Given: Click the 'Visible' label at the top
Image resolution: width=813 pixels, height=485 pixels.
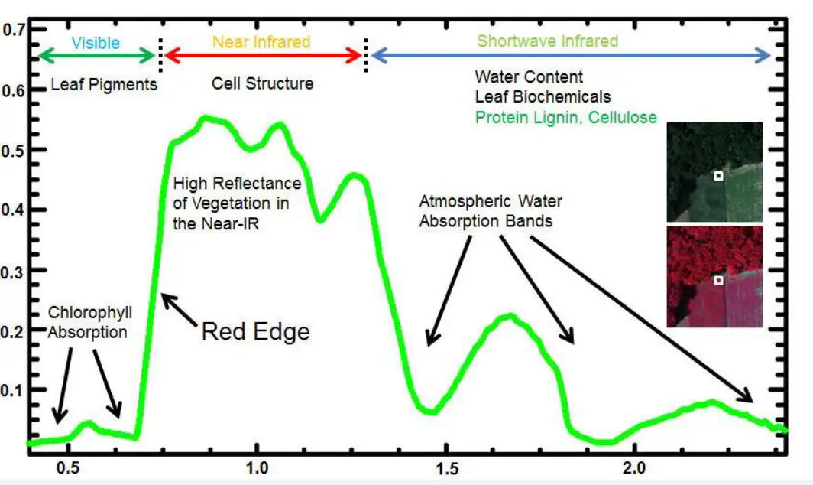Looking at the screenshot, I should click(96, 42).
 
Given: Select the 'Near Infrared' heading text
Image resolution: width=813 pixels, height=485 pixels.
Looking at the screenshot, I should click(261, 41).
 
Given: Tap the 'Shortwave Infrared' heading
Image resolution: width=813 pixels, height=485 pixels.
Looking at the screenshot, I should click(547, 41).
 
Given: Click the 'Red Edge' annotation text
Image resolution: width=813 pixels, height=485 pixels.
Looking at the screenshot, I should click(255, 331).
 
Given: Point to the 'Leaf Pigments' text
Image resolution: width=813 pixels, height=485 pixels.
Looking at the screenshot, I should click(104, 84).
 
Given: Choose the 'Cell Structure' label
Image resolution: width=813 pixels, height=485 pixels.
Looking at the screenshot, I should click(262, 83).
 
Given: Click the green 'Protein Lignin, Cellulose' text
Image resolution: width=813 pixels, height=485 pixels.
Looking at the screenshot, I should click(566, 118).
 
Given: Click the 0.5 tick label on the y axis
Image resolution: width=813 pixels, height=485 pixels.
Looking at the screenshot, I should click(14, 149).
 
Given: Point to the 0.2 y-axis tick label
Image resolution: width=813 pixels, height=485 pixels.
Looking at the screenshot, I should click(14, 330).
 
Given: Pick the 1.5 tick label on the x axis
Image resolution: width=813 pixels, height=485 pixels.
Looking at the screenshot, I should click(445, 467).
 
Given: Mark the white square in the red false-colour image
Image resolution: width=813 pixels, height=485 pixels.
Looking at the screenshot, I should click(718, 281).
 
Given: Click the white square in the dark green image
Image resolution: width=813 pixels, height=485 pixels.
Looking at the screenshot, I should click(718, 176).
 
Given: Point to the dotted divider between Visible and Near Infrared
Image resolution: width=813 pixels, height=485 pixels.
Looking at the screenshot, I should click(160, 53).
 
